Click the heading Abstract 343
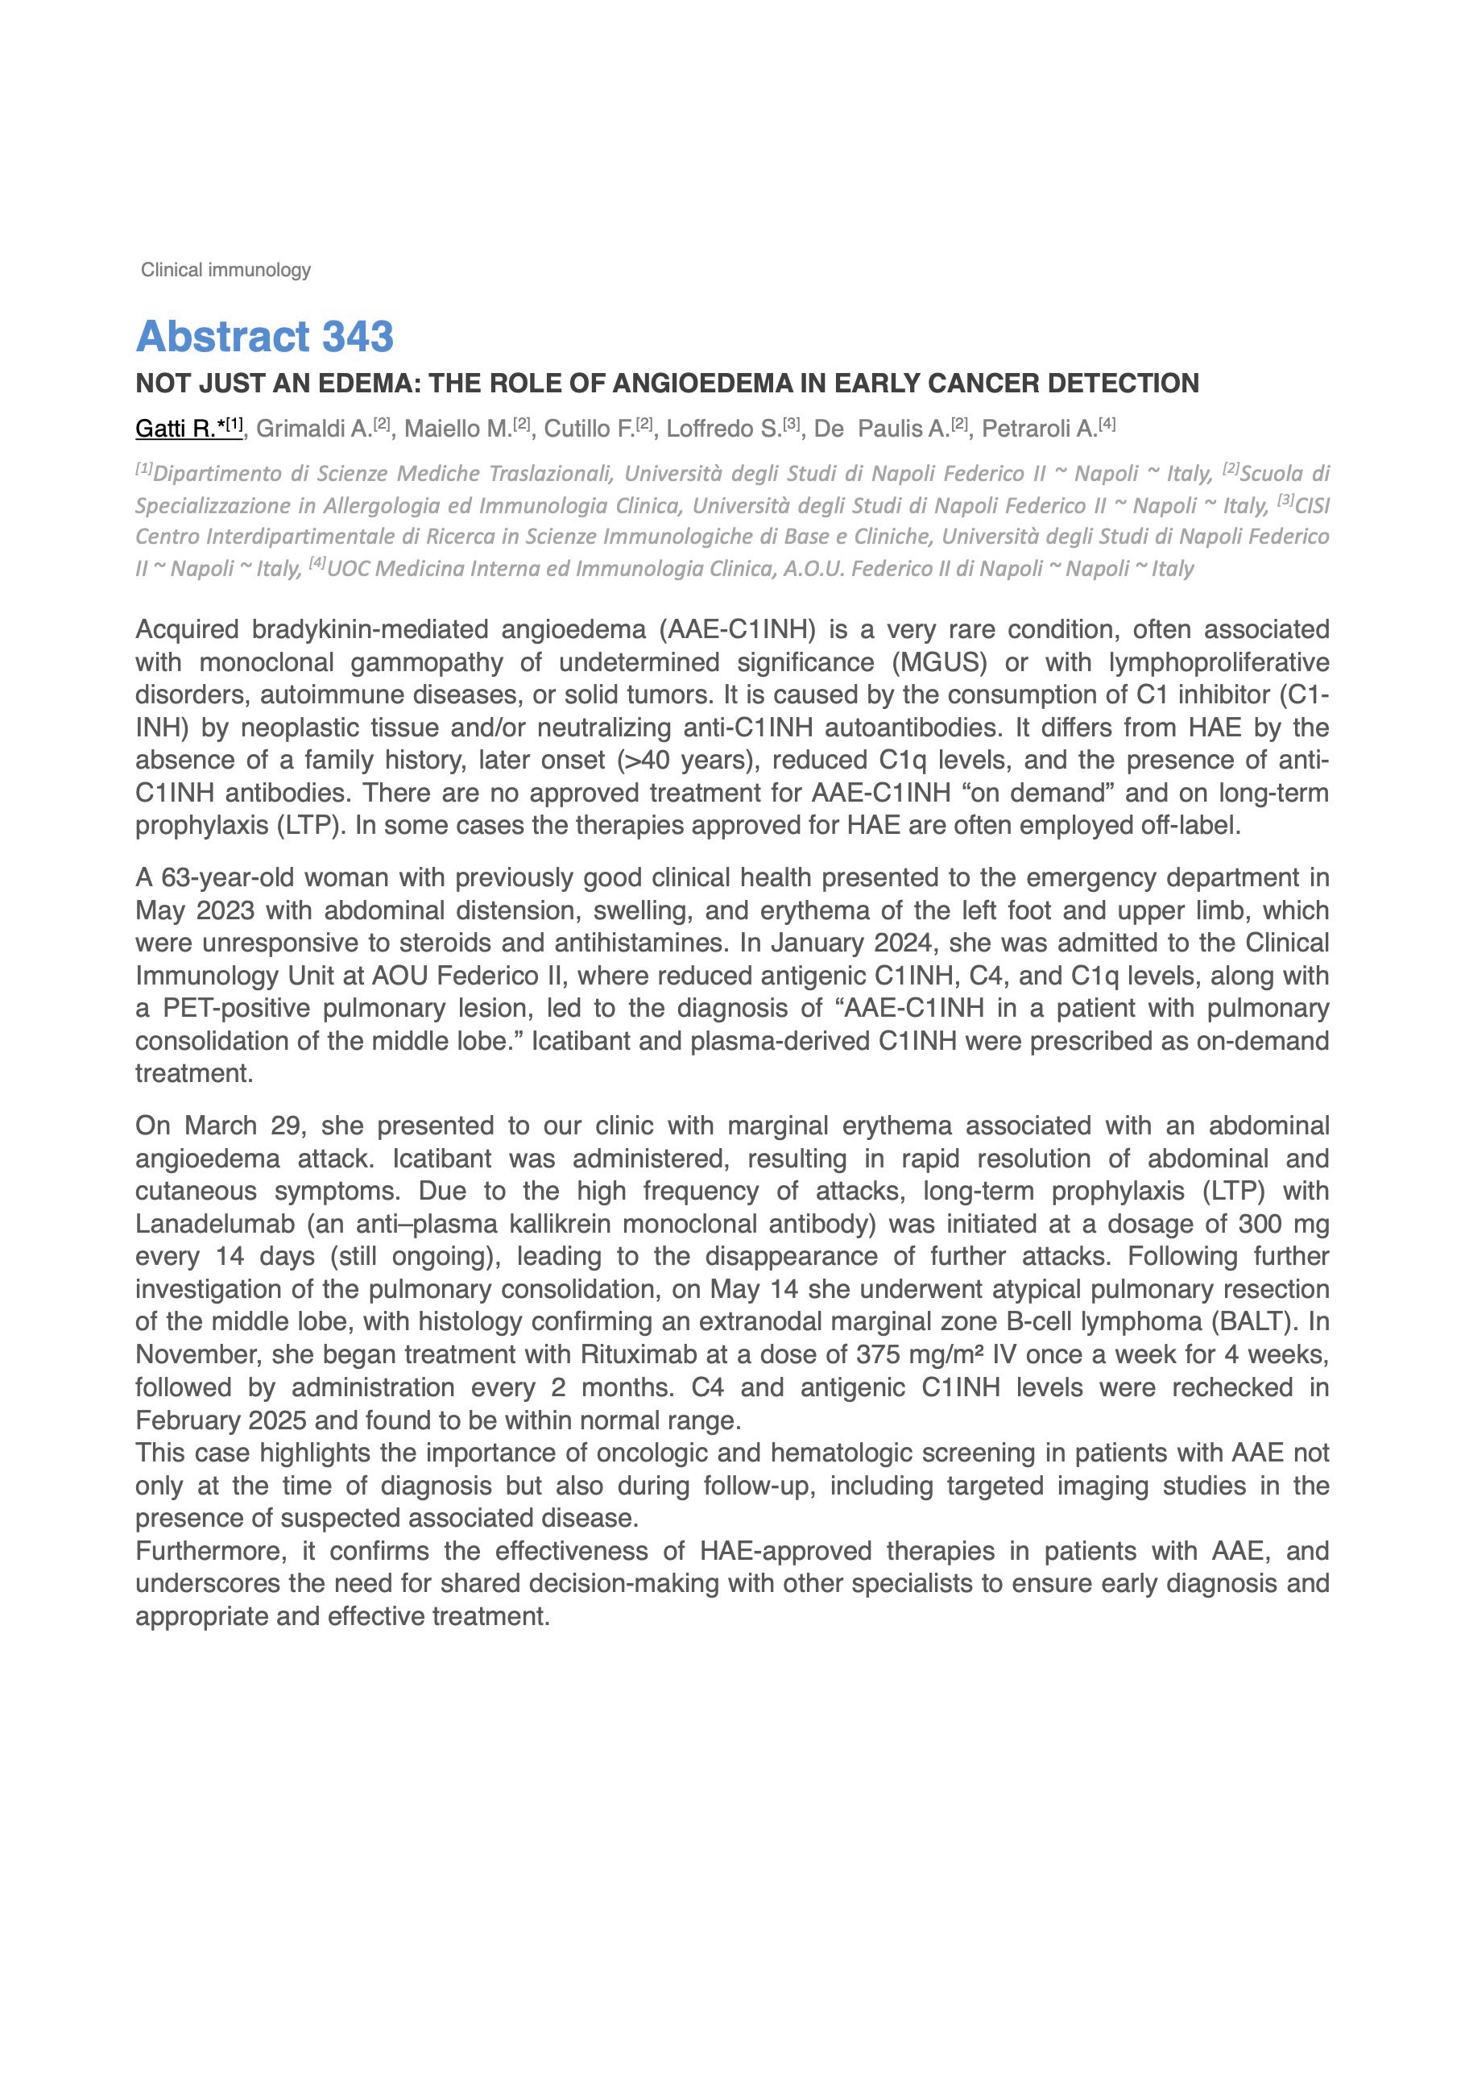coord(264,337)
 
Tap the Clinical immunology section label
coord(226,270)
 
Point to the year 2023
coord(217,910)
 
